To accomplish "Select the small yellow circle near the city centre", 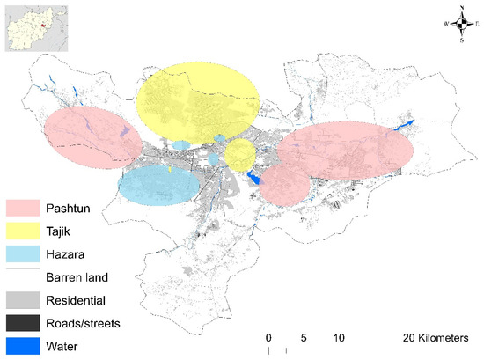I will pos(239,155).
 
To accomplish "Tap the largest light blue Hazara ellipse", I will pos(158,185).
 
